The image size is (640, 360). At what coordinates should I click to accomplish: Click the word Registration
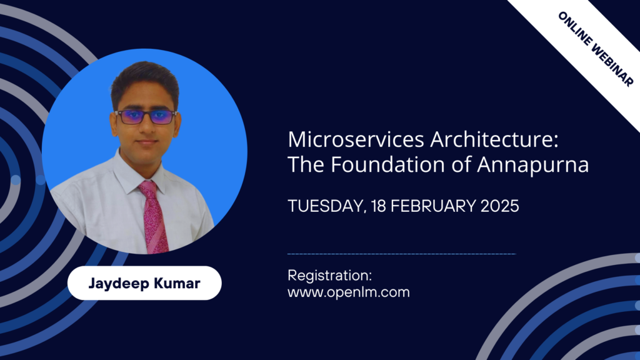coord(329,275)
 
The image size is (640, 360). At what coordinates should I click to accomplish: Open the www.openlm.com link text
coord(348,291)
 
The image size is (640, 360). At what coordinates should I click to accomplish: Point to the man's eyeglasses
coord(145,117)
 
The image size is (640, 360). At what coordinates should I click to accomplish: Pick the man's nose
coord(146,130)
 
